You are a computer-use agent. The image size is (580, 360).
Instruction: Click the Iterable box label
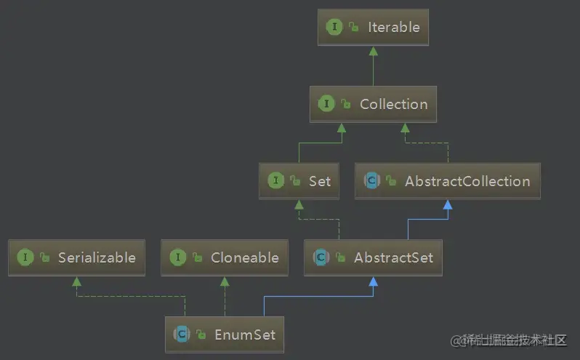pos(394,27)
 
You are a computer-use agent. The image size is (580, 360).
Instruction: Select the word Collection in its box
pos(393,104)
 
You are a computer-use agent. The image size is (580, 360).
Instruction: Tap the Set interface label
pos(319,181)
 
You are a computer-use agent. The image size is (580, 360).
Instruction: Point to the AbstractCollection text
pos(467,181)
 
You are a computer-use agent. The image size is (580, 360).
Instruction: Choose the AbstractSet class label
pos(393,257)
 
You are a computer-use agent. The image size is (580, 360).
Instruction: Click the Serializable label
pos(97,257)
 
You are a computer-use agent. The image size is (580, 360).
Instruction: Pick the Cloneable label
pos(245,257)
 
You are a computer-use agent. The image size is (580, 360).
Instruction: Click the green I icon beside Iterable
pos(334,27)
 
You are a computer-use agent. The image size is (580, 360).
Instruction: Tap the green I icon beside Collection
pos(326,104)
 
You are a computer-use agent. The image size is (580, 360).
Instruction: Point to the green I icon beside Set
pos(275,181)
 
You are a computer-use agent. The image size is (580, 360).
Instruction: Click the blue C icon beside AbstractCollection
pos(371,181)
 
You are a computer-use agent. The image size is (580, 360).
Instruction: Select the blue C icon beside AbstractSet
pos(320,257)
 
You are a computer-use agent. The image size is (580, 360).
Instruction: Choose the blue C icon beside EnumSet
pos(181,335)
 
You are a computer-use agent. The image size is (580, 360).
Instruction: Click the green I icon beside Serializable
pos(25,257)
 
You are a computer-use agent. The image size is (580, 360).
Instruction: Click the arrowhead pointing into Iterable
pos(373,50)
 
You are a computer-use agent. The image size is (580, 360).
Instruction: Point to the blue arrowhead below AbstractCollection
pos(448,205)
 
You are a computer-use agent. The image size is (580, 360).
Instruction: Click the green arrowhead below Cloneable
pos(225,281)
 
